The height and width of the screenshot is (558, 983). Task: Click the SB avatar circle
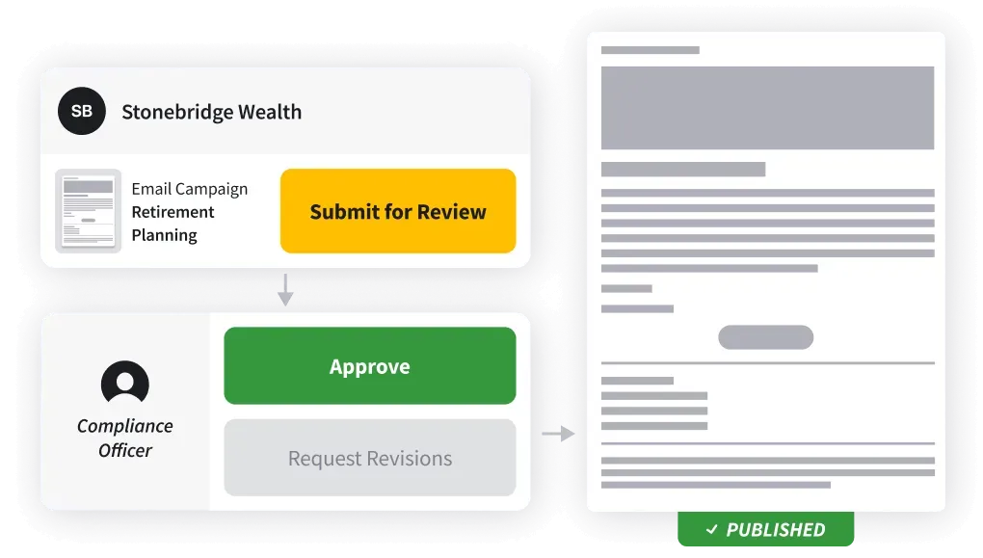pos(82,111)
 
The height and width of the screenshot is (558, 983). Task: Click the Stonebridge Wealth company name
pos(211,112)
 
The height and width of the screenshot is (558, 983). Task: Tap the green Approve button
pos(369,366)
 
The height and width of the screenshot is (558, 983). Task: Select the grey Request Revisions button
pos(369,458)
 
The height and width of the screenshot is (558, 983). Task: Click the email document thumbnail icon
pos(88,211)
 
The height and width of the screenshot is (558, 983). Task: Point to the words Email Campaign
pos(189,189)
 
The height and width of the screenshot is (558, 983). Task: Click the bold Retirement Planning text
pos(173,224)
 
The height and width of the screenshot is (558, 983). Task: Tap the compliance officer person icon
pos(125,384)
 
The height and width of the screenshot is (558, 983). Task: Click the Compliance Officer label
pos(125,438)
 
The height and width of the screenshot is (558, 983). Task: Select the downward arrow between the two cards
pos(284,289)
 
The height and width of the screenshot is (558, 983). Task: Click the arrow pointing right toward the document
pos(558,435)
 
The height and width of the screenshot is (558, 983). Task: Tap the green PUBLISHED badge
pos(765,529)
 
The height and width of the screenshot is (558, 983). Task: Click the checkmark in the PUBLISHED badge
pos(712,529)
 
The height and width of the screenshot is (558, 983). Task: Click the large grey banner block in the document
pos(767,108)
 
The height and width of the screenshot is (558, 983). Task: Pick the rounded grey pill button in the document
pos(766,337)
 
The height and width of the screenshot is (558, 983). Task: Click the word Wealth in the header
pos(266,112)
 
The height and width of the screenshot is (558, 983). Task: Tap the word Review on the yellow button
pos(452,212)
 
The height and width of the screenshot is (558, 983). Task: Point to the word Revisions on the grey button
pos(408,458)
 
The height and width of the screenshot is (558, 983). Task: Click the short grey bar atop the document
pos(650,49)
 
